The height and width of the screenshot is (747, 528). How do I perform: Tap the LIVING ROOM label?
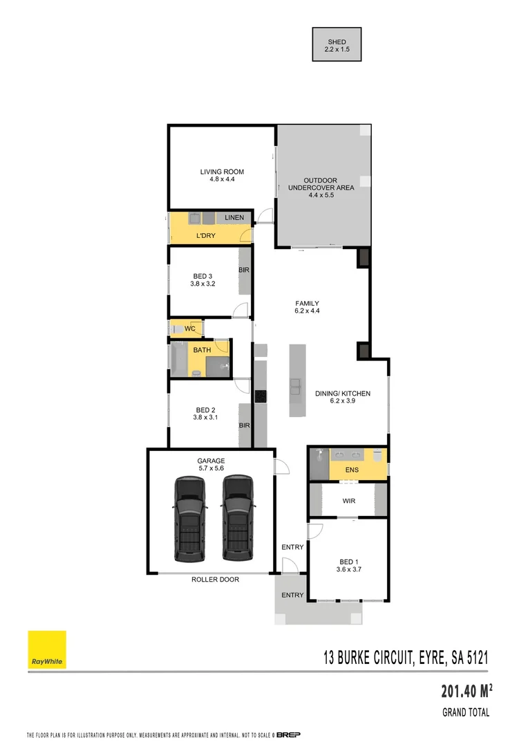(x=222, y=176)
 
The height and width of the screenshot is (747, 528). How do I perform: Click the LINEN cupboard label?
(x=234, y=219)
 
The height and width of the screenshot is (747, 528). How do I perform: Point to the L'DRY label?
(x=206, y=236)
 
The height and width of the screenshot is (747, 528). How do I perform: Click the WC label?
(x=190, y=329)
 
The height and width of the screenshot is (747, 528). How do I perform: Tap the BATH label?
(x=202, y=350)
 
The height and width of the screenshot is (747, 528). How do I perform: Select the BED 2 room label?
(x=205, y=413)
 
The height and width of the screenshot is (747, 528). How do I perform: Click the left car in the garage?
(x=190, y=517)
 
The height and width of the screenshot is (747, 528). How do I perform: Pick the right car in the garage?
(x=236, y=517)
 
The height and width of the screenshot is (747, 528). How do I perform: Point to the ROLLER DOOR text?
(x=215, y=580)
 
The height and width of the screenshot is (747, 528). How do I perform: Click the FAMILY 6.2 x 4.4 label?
(x=307, y=307)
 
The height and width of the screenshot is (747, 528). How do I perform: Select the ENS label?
(x=353, y=470)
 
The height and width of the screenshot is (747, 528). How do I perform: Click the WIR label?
(x=349, y=501)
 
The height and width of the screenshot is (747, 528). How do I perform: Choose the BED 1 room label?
(x=348, y=565)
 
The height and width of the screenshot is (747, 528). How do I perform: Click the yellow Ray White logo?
(x=47, y=649)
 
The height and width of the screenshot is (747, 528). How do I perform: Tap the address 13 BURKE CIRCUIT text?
(x=406, y=658)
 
